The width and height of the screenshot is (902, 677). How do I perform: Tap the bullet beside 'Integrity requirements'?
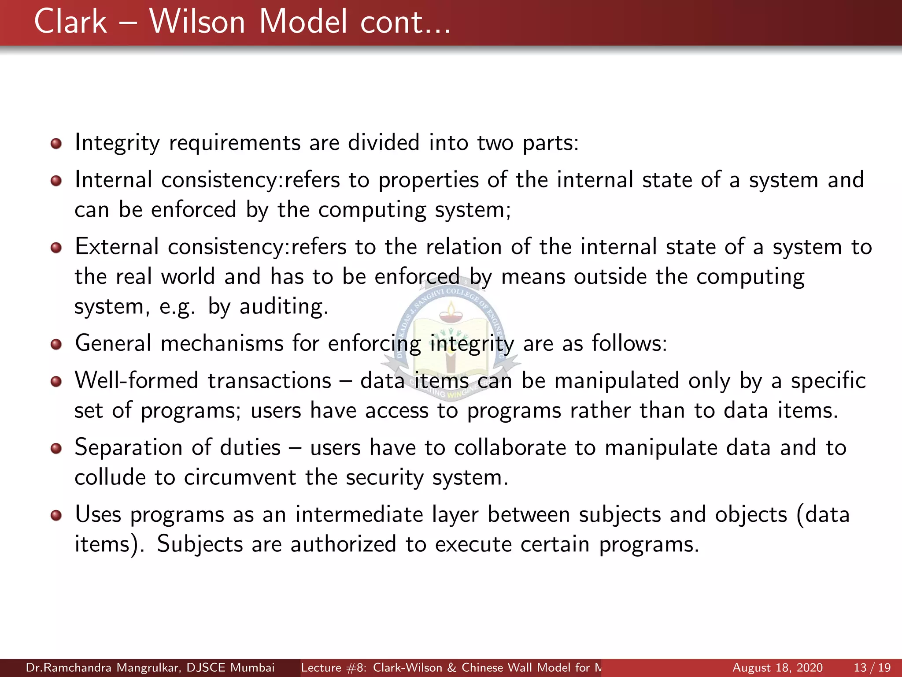pos(56,144)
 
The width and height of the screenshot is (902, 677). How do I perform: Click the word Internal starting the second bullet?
pos(113,180)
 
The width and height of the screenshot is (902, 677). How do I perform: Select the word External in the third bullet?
pos(116,247)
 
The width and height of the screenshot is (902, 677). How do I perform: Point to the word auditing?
pos(284,307)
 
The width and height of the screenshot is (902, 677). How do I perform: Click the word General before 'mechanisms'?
pos(113,343)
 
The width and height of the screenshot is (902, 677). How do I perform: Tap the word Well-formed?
pos(137,381)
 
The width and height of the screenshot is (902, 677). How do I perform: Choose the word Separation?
pos(128,448)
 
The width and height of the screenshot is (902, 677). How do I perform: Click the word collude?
pos(110,478)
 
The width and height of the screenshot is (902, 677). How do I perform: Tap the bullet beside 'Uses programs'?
pos(56,515)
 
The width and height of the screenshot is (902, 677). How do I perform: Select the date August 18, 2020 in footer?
pos(777,668)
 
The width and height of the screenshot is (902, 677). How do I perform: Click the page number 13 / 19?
pos(872,668)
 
